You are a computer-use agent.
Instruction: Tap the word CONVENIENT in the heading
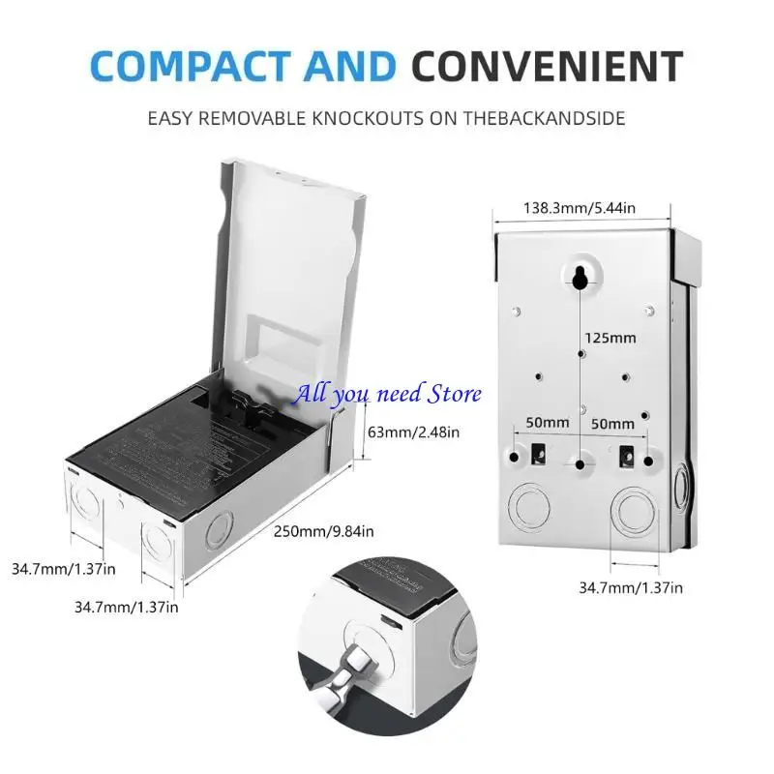548,66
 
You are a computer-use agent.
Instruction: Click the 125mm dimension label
610,338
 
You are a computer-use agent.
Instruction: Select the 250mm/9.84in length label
323,531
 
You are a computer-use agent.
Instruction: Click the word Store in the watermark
454,394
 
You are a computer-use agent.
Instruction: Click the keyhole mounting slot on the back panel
578,277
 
